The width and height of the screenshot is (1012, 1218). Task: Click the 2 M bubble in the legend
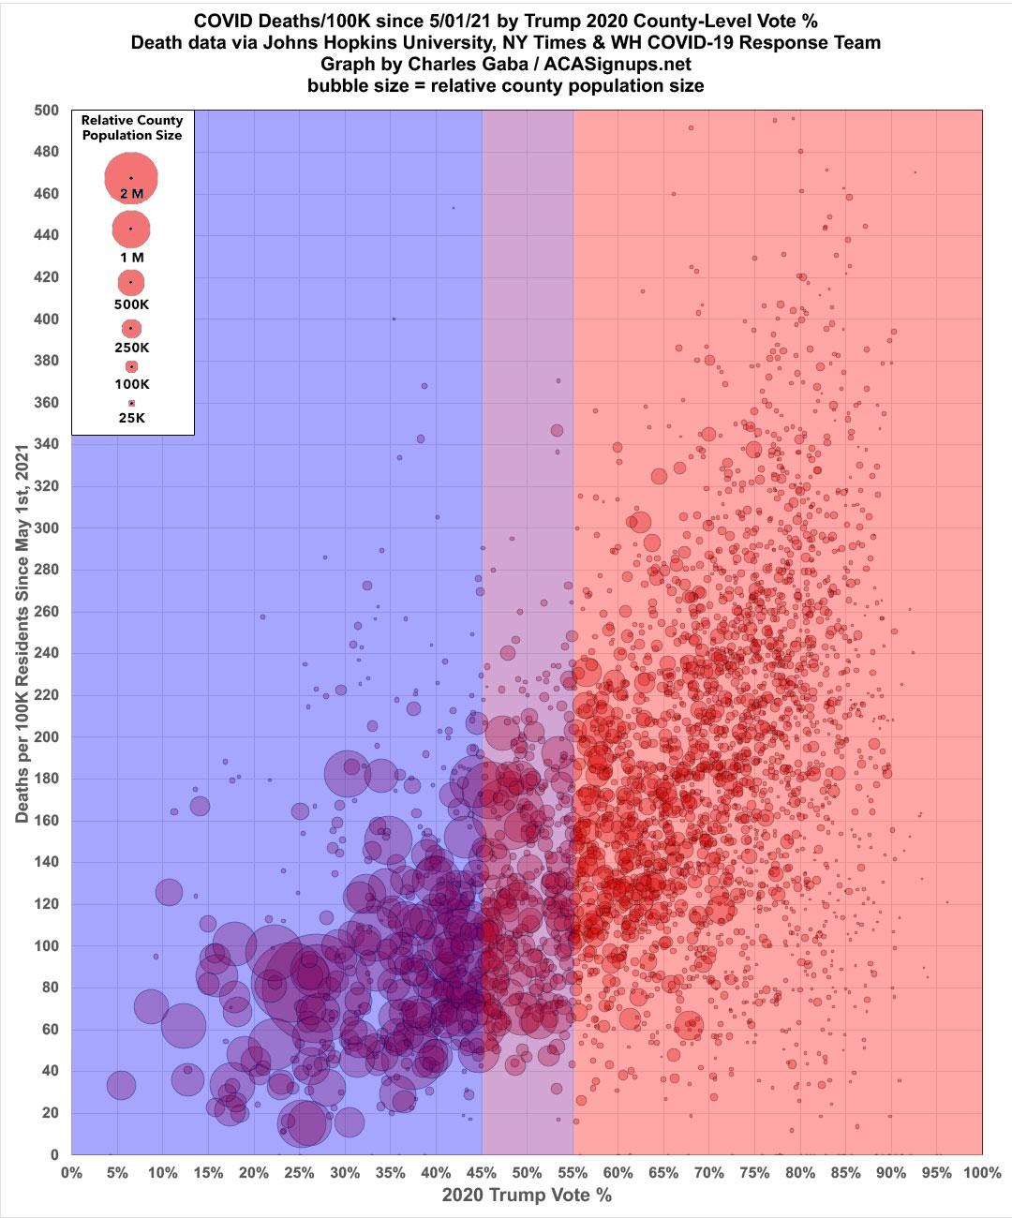coord(131,177)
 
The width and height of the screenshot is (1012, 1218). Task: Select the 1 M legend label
coord(132,257)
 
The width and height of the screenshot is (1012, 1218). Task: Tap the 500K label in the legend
coord(132,304)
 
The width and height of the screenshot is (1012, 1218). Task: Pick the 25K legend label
coord(132,419)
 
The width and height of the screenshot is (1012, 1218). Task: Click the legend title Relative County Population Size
coord(132,127)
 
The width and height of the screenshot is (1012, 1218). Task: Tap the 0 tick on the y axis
coord(54,1154)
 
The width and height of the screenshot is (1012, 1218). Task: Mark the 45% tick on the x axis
coord(482,1173)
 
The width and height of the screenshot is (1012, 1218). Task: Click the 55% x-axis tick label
coord(573,1173)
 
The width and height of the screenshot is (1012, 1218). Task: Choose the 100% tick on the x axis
coord(980,1173)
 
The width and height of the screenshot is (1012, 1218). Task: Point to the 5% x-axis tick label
coord(116,1173)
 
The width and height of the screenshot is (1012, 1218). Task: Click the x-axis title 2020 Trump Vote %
coord(526,1196)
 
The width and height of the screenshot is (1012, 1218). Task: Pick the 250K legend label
coord(132,348)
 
